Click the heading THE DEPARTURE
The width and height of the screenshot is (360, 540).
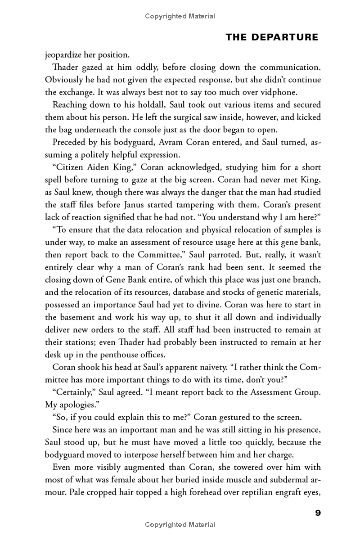pyautogui.click(x=272, y=37)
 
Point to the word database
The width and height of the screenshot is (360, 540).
pyautogui.click(x=216, y=292)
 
